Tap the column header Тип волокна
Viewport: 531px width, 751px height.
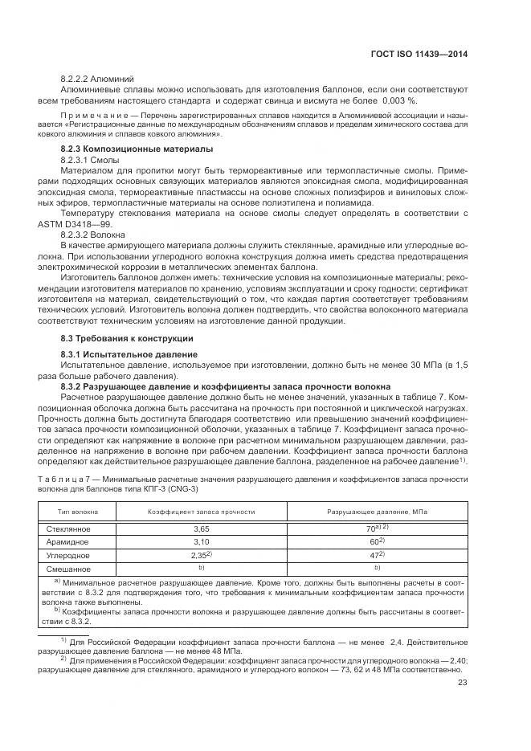[78, 511]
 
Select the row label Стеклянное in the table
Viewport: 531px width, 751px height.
[68, 529]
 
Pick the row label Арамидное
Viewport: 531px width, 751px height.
[67, 542]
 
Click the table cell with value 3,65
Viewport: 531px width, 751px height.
[201, 529]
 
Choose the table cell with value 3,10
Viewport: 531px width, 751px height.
[201, 542]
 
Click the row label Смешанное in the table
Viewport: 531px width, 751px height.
[69, 569]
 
